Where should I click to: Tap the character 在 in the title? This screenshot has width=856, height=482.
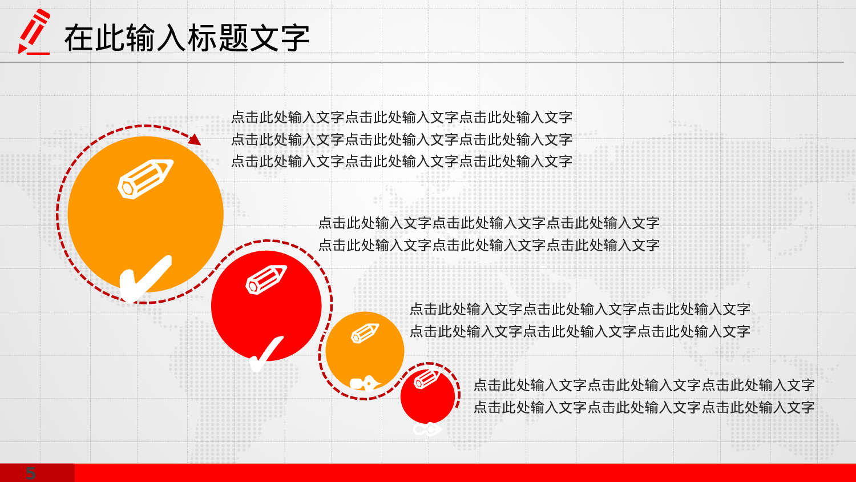point(79,38)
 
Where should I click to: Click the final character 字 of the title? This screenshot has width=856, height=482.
point(294,38)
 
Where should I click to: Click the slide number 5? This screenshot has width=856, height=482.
point(31,473)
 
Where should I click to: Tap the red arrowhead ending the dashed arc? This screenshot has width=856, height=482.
point(195,139)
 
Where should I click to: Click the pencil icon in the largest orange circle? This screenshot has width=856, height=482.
point(146,179)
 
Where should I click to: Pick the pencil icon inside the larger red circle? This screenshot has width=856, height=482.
point(266,279)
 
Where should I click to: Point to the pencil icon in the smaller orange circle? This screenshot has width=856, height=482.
point(365,334)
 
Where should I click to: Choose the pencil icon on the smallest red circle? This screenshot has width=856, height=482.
point(426,379)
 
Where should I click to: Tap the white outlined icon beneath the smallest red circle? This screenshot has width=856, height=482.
point(427,429)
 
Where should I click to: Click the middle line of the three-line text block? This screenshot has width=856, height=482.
point(401,139)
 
